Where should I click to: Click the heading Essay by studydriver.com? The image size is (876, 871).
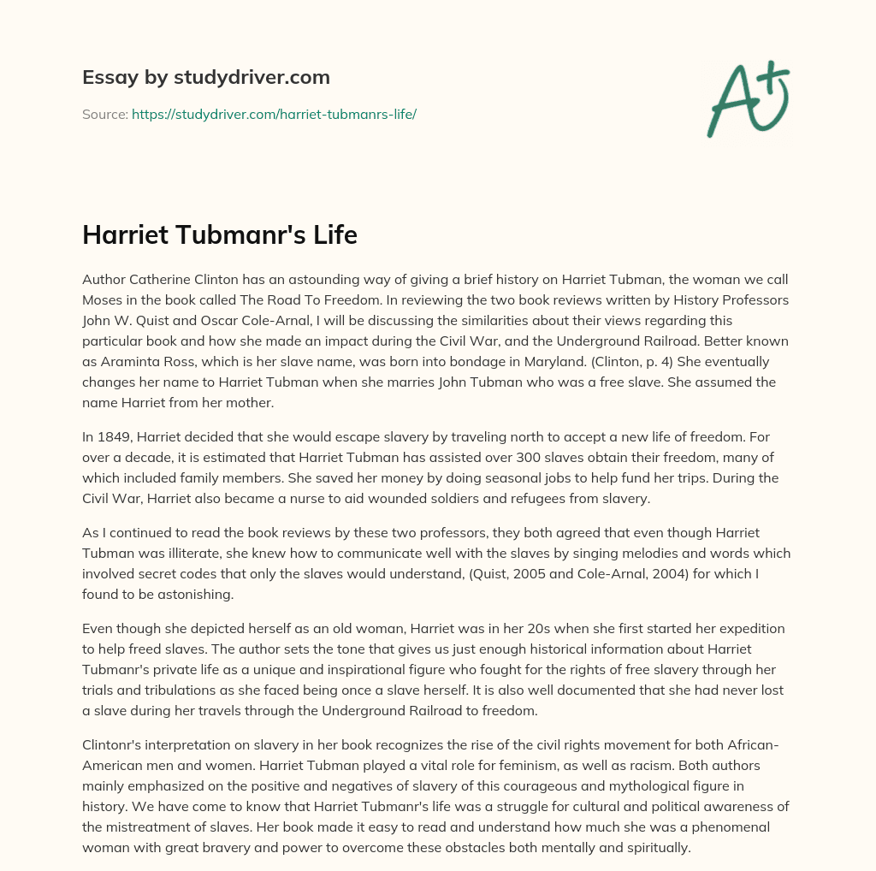point(205,77)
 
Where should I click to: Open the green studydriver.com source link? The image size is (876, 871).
point(274,114)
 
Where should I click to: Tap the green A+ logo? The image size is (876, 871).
point(748,98)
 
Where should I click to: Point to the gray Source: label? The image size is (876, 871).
point(104,114)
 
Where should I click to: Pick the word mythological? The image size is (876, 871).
point(603,764)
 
